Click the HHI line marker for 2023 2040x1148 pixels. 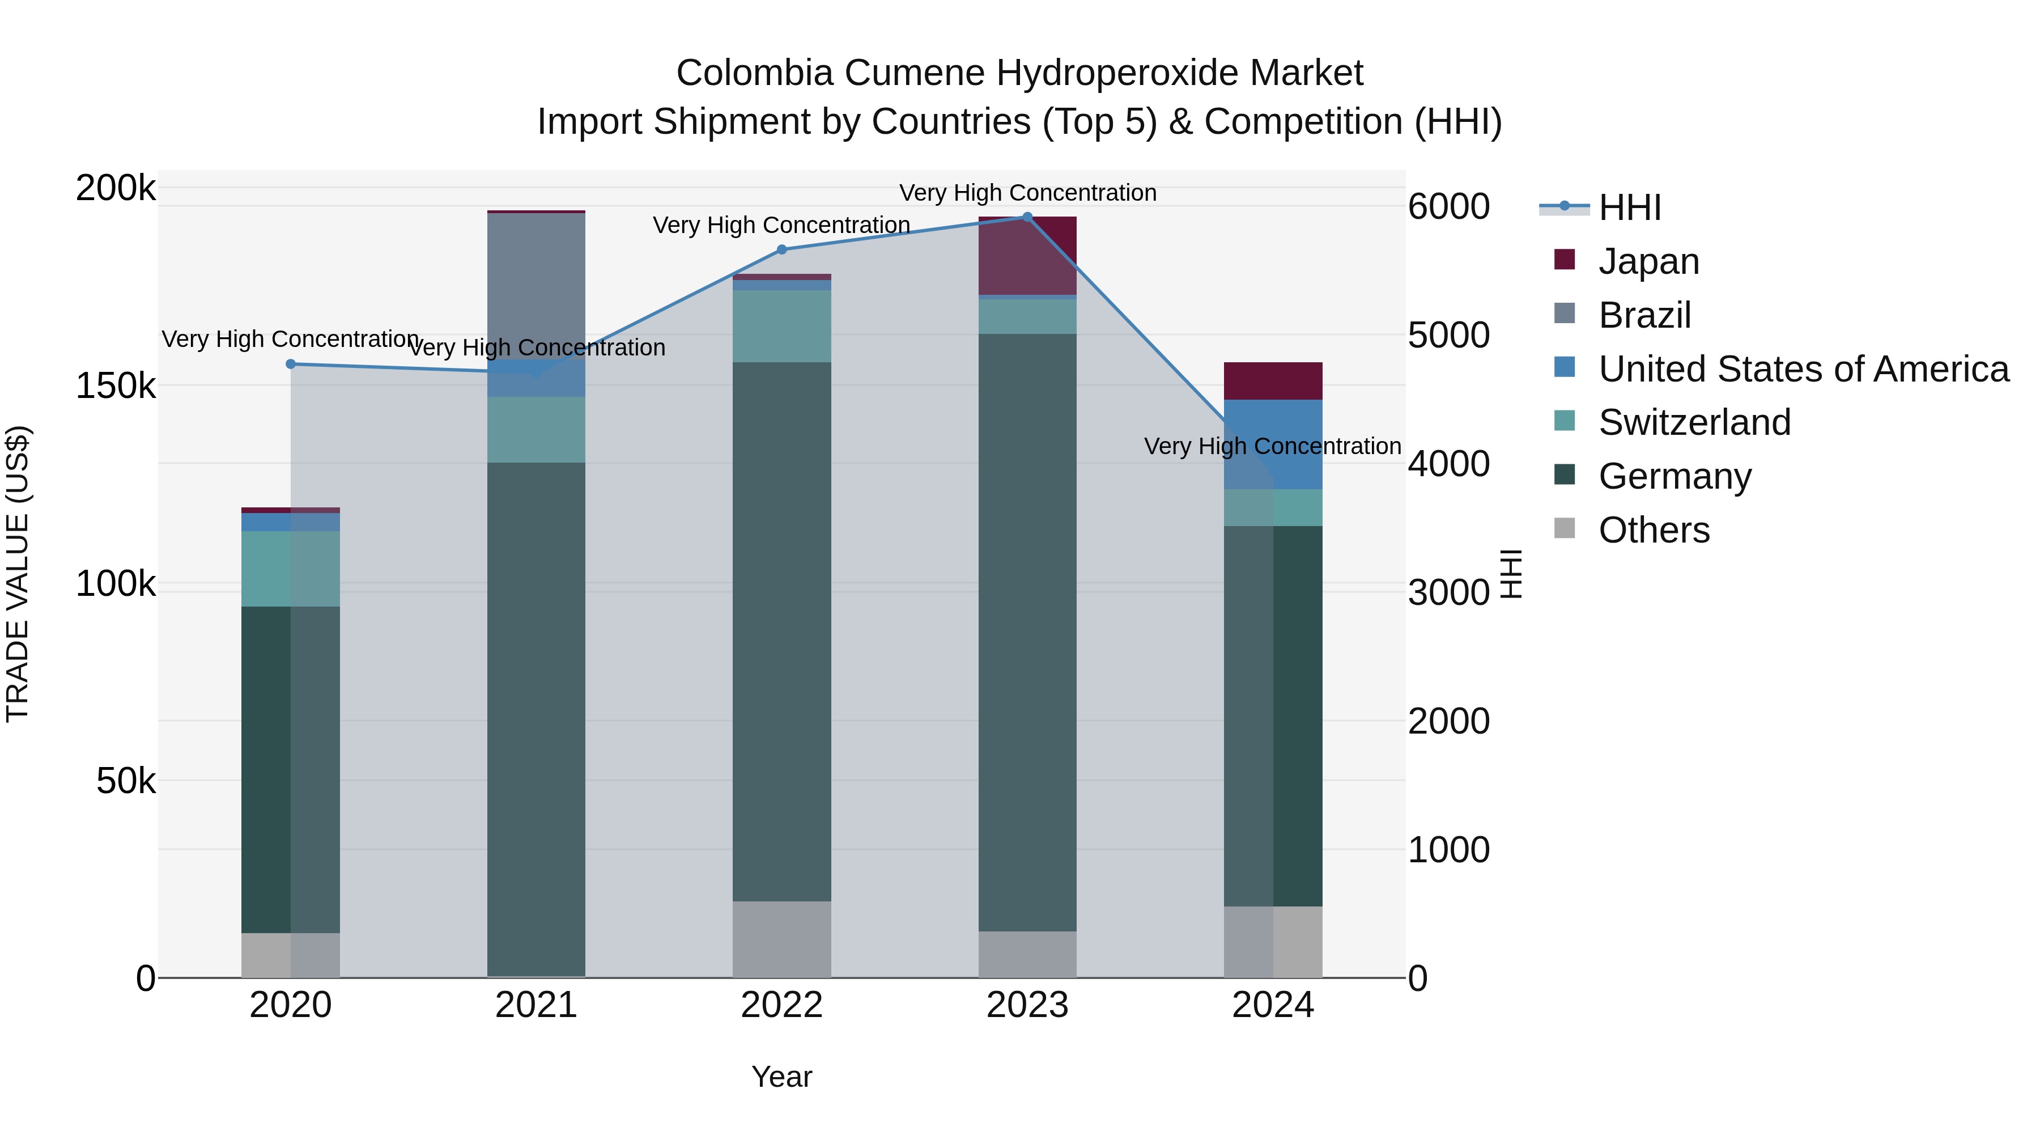1027,217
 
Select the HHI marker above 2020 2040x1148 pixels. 291,365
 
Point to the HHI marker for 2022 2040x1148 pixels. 781,249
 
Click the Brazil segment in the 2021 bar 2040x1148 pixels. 536,285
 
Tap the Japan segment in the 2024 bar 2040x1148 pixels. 1273,381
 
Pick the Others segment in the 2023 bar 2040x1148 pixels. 1027,954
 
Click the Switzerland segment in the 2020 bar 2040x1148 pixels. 291,569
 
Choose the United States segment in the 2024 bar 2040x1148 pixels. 1273,444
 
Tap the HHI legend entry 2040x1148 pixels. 1629,207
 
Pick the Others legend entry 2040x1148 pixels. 1654,530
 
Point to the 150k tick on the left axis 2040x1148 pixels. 116,386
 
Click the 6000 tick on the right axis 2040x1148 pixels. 1448,207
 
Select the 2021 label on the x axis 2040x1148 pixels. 536,1005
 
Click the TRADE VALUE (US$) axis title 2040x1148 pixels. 18,574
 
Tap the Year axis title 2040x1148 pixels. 781,1077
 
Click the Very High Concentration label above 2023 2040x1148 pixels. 1027,193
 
